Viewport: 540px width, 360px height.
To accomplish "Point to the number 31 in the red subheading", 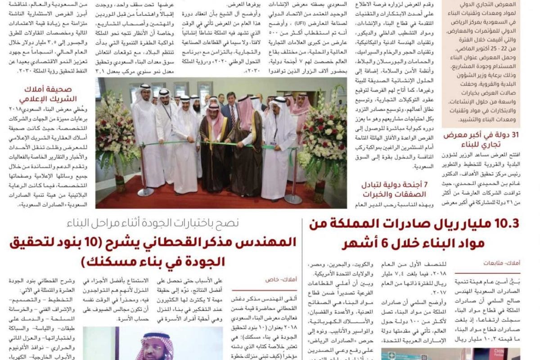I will pyautogui.click(x=513, y=135).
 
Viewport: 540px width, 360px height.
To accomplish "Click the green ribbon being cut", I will pyautogui.click(x=216, y=144).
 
